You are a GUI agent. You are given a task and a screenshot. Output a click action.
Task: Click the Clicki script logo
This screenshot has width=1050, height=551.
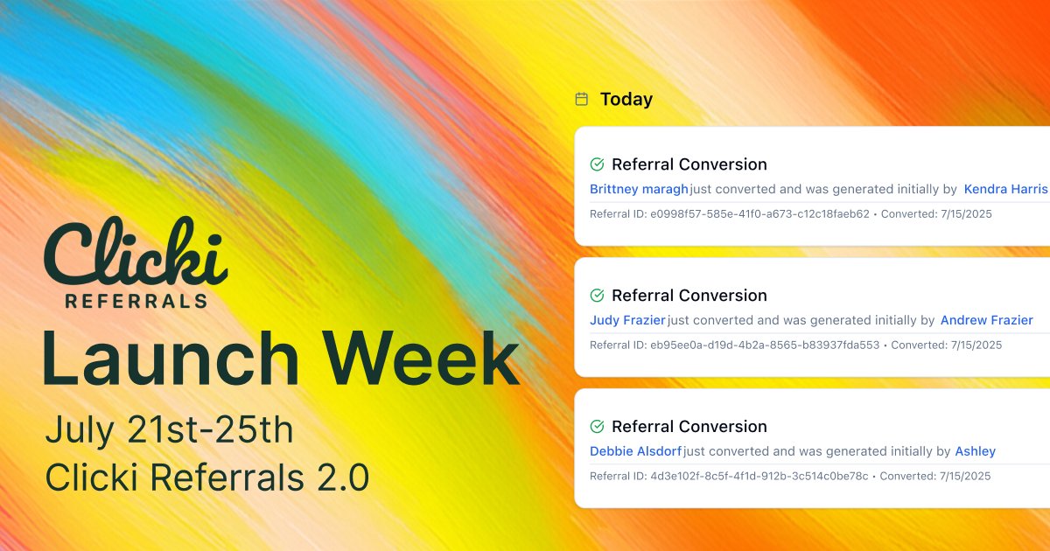(x=136, y=251)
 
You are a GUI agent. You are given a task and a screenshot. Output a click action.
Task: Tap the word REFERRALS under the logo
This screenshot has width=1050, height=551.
(x=136, y=301)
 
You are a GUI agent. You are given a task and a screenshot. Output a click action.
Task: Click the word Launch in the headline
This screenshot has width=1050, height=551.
(x=171, y=358)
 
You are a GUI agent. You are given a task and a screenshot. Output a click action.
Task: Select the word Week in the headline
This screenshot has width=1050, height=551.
(x=422, y=358)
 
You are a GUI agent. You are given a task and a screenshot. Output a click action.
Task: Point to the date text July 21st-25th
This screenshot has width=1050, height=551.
(x=169, y=429)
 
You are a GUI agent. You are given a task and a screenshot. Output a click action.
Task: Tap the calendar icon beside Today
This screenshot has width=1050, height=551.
(x=582, y=100)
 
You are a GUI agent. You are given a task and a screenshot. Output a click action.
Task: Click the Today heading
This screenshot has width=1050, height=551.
(x=626, y=100)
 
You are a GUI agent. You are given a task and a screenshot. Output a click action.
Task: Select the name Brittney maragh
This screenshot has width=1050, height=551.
(x=639, y=189)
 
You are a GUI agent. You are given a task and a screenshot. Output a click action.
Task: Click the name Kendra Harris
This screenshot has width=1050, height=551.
(x=1005, y=189)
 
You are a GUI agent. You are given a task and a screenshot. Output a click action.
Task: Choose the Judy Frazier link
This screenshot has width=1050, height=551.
(x=627, y=320)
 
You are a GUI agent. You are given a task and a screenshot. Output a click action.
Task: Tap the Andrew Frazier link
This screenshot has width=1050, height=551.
(x=987, y=320)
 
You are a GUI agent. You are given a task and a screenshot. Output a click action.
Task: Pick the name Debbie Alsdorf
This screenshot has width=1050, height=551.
(x=635, y=451)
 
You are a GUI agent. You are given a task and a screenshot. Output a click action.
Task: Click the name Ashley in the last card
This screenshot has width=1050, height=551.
(x=976, y=451)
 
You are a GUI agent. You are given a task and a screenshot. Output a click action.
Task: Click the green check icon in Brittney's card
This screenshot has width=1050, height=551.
(x=597, y=164)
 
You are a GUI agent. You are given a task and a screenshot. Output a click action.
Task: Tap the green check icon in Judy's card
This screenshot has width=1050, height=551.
(x=597, y=296)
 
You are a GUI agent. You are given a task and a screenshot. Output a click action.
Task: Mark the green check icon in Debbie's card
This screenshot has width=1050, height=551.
(x=597, y=427)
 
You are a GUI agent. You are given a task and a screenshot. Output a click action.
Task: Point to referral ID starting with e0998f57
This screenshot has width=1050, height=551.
(x=759, y=214)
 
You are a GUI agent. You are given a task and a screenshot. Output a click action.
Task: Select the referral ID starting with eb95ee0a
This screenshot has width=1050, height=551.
(x=765, y=345)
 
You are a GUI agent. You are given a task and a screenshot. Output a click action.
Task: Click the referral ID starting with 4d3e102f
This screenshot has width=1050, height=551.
(x=759, y=477)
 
